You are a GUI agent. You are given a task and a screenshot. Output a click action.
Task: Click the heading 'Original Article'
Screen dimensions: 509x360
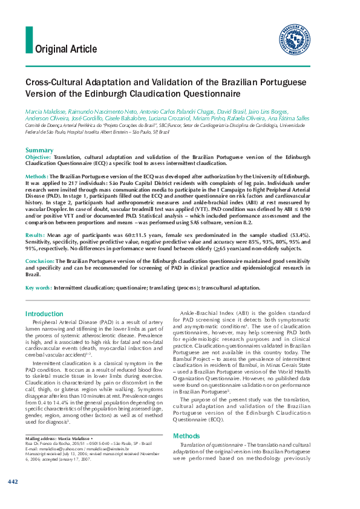[x=66, y=49]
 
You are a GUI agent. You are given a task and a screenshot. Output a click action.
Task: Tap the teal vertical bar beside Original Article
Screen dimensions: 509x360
[x=28, y=41]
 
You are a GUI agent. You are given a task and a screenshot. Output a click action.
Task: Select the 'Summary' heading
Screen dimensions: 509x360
[x=39, y=150]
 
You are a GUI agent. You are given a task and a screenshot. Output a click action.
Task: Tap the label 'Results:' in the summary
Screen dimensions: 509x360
[x=36, y=234]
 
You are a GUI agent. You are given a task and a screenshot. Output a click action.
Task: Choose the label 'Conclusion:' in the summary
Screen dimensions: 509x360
[x=40, y=261]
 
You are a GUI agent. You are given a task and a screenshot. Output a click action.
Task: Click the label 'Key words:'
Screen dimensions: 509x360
[x=39, y=288]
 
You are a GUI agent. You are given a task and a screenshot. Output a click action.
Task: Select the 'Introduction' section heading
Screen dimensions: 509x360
[x=45, y=314]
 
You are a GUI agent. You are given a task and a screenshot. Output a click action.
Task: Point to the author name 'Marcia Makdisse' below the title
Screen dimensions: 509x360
[x=45, y=112]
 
